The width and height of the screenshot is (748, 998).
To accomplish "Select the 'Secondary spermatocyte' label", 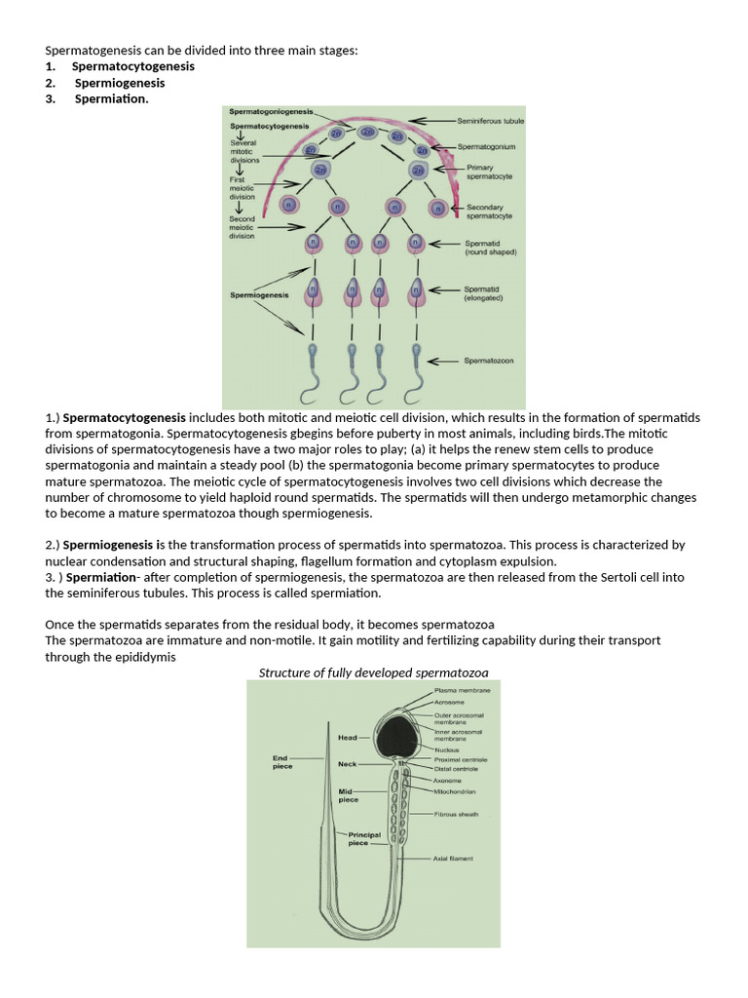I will pyautogui.click(x=490, y=211).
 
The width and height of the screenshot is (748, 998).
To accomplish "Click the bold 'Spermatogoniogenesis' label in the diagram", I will pyautogui.click(x=264, y=112).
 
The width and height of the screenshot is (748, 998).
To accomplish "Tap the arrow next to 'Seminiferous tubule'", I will pyautogui.click(x=429, y=120).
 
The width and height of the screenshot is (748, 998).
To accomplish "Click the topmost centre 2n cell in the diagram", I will pyautogui.click(x=368, y=132).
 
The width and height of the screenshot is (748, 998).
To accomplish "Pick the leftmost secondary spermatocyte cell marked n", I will pyautogui.click(x=289, y=206).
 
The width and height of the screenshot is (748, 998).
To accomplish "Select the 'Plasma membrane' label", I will pyautogui.click(x=462, y=690).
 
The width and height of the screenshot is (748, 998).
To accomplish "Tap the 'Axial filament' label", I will pyautogui.click(x=453, y=859).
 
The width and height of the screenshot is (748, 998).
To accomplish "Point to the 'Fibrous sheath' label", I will pyautogui.click(x=456, y=815).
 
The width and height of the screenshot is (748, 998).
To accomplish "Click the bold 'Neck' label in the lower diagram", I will pyautogui.click(x=347, y=764).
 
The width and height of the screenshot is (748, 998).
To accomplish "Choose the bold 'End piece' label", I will pyautogui.click(x=282, y=761).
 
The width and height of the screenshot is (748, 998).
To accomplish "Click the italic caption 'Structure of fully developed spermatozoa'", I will pyautogui.click(x=373, y=672).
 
